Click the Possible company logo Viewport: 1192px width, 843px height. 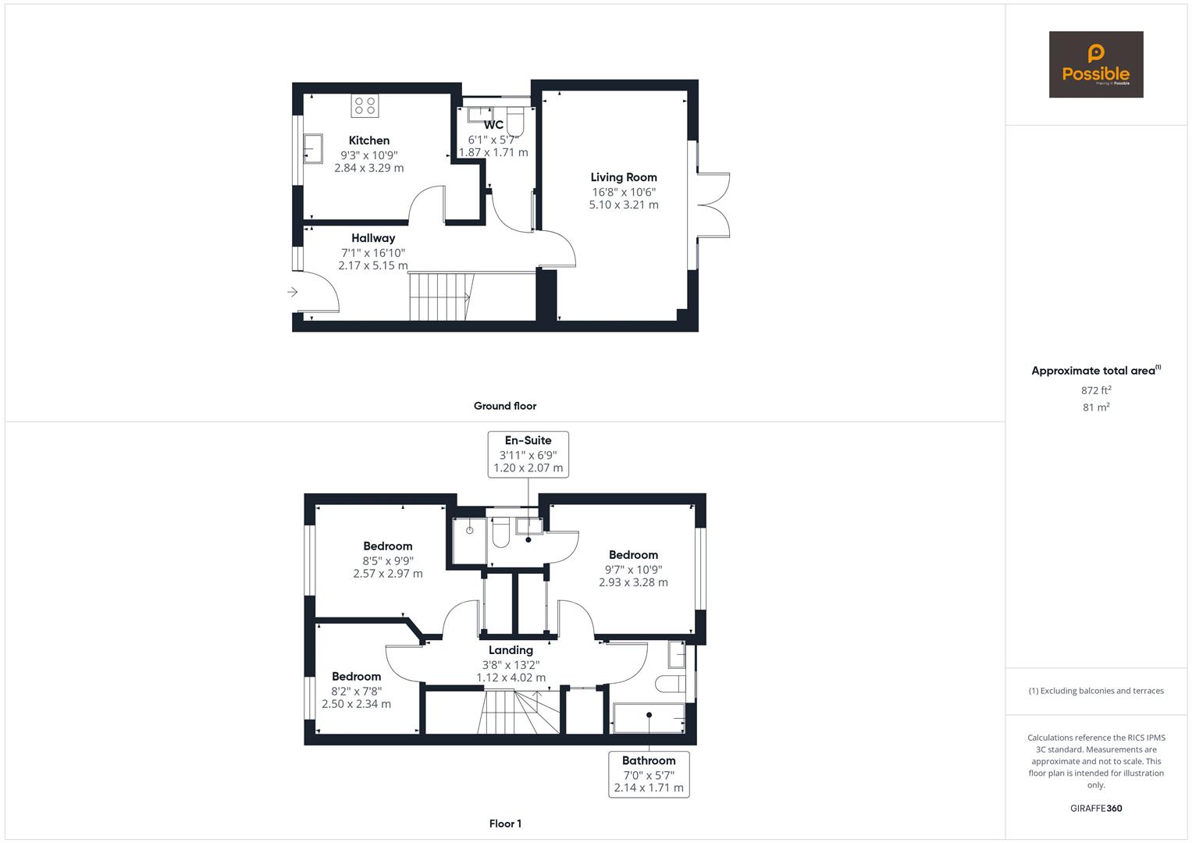(1095, 65)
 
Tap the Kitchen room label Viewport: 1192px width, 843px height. (369, 140)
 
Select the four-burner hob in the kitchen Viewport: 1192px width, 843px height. (365, 105)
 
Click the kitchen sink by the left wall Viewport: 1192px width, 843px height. (312, 148)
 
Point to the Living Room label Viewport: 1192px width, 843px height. (623, 177)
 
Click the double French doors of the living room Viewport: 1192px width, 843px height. (713, 205)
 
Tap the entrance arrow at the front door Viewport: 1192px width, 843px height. (293, 292)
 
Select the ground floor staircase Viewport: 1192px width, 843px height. (439, 297)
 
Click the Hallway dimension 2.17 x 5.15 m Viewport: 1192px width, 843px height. (372, 265)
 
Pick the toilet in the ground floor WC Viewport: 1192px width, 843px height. (516, 121)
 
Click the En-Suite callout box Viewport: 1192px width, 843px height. (528, 454)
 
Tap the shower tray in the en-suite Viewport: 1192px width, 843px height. (469, 539)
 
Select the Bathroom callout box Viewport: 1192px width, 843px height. (649, 774)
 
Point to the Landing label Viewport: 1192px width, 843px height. (511, 650)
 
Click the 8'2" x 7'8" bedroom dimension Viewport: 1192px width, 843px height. (356, 691)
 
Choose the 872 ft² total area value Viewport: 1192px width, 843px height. (1096, 390)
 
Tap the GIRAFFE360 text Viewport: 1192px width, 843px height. (1095, 808)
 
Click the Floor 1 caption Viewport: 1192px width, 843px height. (504, 823)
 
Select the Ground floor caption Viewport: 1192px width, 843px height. (504, 406)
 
